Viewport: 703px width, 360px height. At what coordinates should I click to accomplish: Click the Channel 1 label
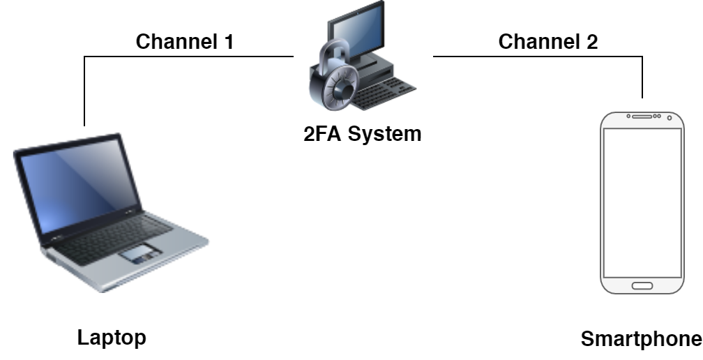(x=184, y=42)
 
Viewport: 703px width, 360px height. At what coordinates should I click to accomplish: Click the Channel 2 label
(x=547, y=42)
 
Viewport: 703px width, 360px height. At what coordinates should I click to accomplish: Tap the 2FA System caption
(x=362, y=133)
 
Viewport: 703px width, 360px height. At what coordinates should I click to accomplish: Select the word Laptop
(x=111, y=338)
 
